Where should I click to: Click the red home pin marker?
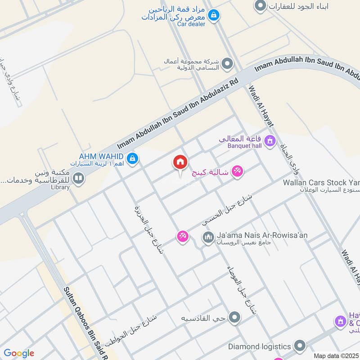pos(180,162)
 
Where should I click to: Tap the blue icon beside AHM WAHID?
pos(132,158)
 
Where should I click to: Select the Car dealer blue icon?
pos(214,15)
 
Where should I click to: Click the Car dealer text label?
pos(191,24)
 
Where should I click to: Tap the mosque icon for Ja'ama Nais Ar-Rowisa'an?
pos(208,236)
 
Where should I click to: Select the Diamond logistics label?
pos(259,346)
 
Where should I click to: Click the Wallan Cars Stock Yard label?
pos(321,183)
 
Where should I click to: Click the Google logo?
pos(18,353)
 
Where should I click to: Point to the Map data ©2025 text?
pos(336,355)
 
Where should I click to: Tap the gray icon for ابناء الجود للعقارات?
pos(260,6)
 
